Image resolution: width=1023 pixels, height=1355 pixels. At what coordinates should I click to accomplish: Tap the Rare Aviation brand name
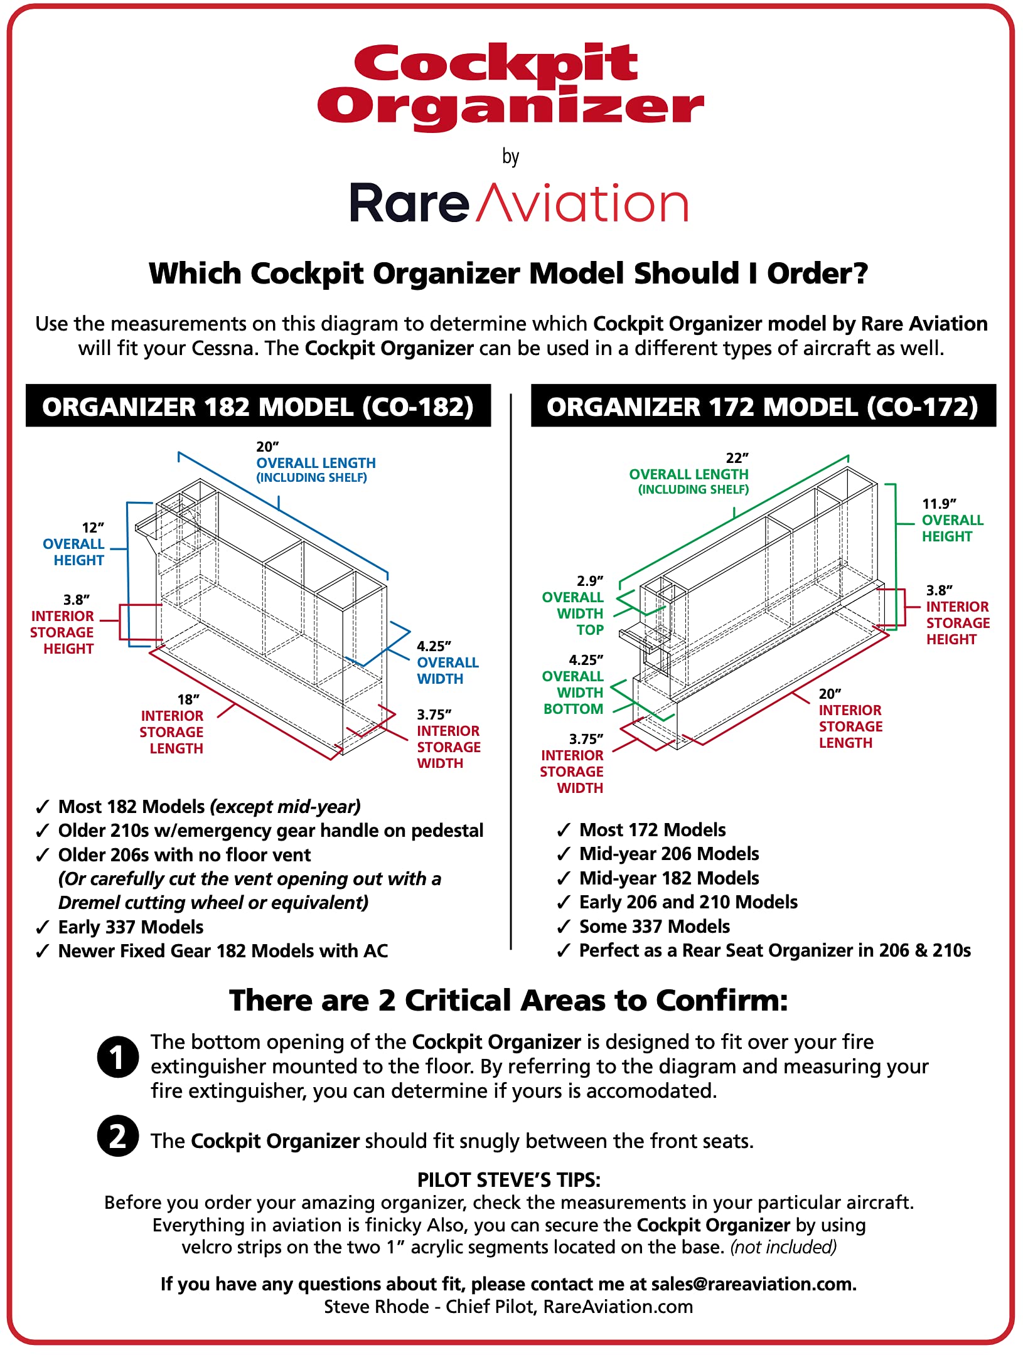pyautogui.click(x=518, y=204)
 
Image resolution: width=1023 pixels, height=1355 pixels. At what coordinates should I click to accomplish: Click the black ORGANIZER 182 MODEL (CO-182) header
pyautogui.click(x=258, y=406)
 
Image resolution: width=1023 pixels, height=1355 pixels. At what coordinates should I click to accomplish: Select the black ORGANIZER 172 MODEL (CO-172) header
pyautogui.click(x=763, y=406)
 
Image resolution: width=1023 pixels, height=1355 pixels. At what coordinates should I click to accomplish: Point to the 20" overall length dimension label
pyautogui.click(x=315, y=462)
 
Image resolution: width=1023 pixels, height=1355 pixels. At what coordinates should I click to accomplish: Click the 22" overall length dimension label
pyautogui.click(x=689, y=474)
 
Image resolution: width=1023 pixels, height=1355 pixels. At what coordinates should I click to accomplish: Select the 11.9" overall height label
pyautogui.click(x=951, y=520)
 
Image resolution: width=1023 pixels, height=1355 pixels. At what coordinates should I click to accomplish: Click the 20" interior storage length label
pyautogui.click(x=850, y=718)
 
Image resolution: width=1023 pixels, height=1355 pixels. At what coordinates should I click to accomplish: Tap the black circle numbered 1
pyautogui.click(x=117, y=1057)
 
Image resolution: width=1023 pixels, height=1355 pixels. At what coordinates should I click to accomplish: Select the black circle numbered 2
pyautogui.click(x=117, y=1136)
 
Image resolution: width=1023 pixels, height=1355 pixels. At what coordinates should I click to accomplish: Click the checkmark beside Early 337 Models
pyautogui.click(x=43, y=928)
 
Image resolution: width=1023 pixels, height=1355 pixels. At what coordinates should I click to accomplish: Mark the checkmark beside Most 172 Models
pyautogui.click(x=564, y=831)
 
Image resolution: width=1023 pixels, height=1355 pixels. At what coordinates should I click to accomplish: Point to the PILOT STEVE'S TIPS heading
pyautogui.click(x=509, y=1180)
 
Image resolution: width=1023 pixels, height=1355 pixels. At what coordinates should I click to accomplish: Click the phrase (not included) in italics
pyautogui.click(x=783, y=1247)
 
